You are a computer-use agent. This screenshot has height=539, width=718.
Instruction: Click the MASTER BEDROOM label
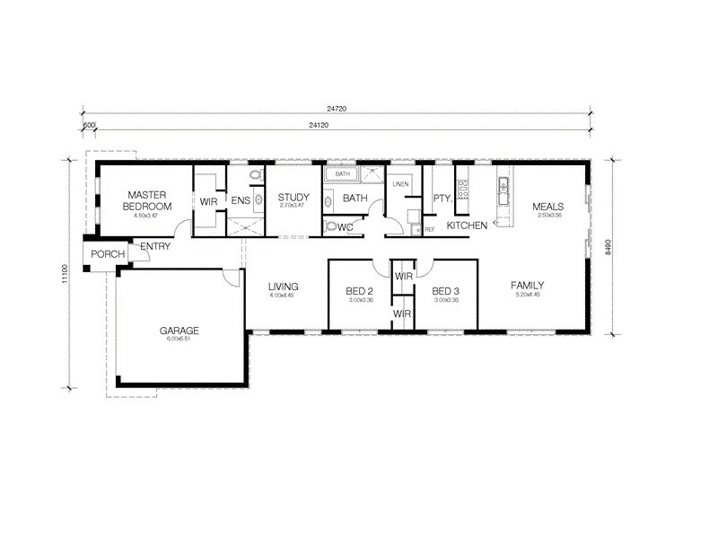pos(143,199)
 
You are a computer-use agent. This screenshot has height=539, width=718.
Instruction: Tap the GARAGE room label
pos(179,330)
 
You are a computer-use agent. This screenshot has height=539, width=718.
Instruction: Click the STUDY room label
pos(293,198)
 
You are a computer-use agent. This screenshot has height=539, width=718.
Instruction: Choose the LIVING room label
pos(283,287)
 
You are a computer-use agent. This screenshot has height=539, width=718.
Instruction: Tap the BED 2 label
pos(359,291)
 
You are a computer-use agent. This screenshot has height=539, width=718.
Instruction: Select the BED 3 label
pos(445,291)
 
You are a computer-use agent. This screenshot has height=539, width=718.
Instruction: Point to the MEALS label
pos(547,207)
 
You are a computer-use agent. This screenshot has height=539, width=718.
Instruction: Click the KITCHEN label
pos(467,225)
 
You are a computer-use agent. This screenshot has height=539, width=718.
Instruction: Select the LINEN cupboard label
pos(400,184)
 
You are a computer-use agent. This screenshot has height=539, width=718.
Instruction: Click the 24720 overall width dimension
pos(337,108)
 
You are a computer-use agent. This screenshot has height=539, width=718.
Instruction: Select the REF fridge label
pos(430,230)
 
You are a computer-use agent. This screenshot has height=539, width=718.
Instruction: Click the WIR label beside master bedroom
pos(208,201)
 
